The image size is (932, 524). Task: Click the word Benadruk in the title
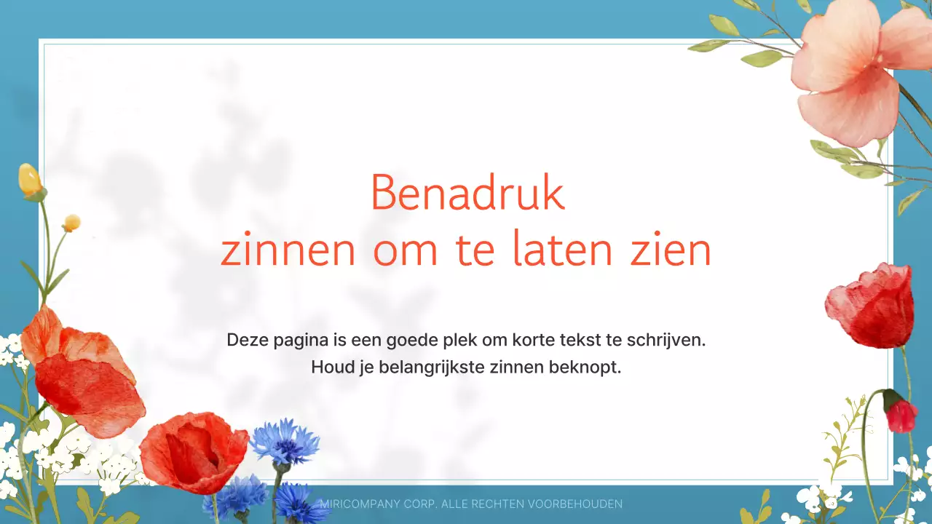[467, 194]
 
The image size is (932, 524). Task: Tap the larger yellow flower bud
[31, 180]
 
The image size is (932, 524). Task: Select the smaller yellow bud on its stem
[71, 223]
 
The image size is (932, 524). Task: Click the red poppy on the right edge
[872, 306]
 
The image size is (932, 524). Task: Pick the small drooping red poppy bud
[901, 415]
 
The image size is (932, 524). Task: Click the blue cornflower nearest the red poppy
[285, 442]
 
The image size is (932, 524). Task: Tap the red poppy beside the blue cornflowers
[193, 451]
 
